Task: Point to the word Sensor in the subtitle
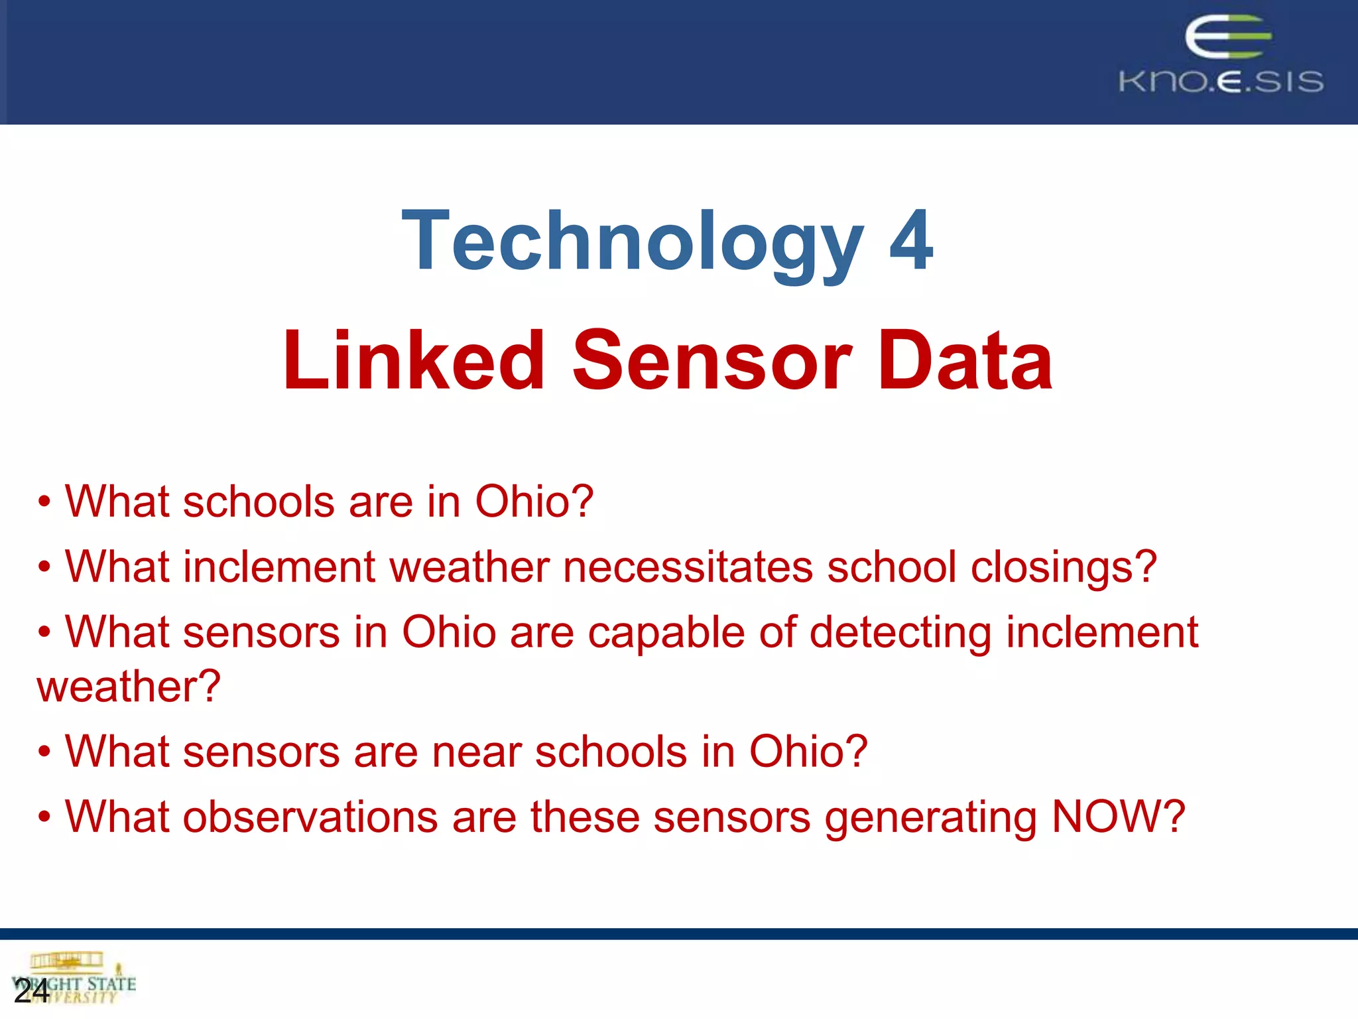712,361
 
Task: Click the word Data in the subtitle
965,361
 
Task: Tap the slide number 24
31,991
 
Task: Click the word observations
310,817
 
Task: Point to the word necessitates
688,567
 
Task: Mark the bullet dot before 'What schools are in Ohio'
44,502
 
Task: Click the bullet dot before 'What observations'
44,817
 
